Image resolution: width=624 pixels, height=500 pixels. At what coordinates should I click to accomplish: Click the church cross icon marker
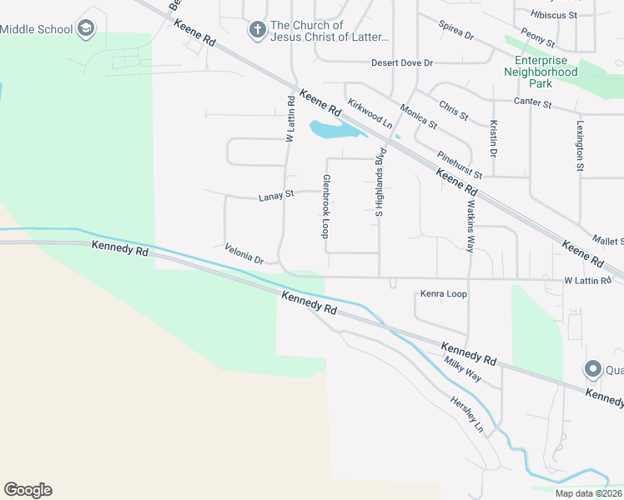pos(258,30)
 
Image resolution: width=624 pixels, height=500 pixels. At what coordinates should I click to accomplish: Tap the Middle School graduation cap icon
pos(85,29)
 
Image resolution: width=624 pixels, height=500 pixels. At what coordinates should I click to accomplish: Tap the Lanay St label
pos(277,195)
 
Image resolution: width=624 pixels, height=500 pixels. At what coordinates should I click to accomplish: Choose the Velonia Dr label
pos(244,253)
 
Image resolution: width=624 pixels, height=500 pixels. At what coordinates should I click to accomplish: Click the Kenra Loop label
pos(444,294)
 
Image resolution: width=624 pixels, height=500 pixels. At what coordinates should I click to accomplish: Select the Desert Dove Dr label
pos(402,62)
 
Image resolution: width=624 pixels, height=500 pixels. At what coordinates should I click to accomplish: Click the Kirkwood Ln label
pos(370,113)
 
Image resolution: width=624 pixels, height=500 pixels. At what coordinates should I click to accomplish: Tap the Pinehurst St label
pos(460,164)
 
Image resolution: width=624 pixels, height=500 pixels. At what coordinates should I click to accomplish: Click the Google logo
pos(28,490)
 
